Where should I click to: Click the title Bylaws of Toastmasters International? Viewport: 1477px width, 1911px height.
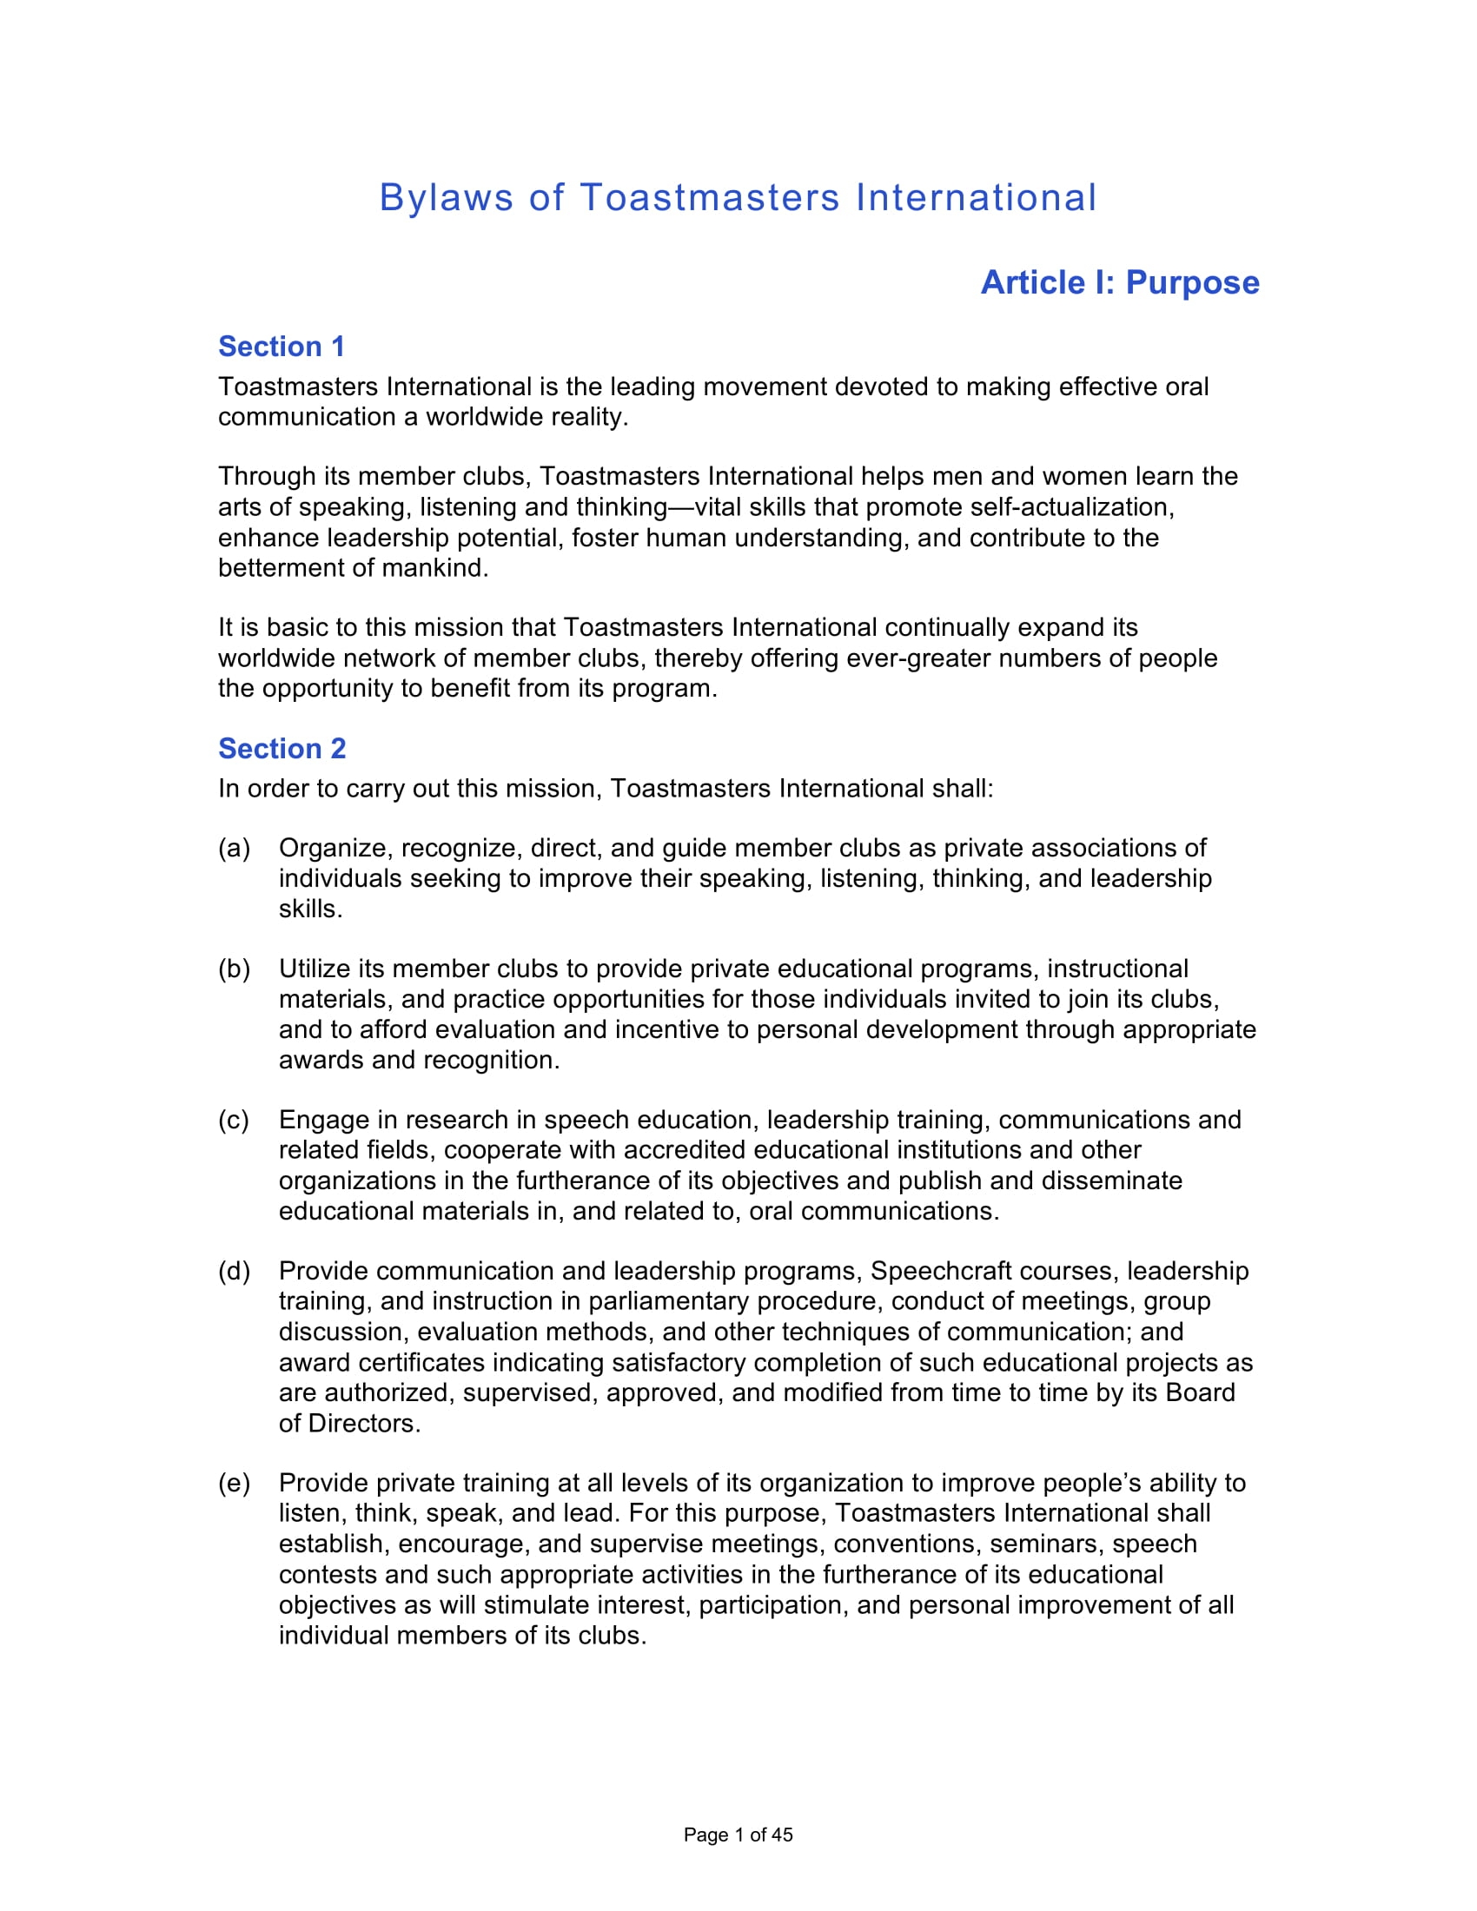point(738,198)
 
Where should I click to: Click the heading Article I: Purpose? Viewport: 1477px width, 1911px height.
point(1119,282)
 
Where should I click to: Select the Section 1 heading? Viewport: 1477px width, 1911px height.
point(281,347)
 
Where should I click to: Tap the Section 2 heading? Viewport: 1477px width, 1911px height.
point(281,748)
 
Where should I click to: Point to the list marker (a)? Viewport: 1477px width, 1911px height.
point(234,848)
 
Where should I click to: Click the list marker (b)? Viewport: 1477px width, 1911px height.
point(234,969)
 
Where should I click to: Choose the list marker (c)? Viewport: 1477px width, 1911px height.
point(234,1120)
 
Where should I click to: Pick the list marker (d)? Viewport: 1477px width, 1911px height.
point(234,1271)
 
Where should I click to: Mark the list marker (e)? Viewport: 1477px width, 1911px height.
point(234,1482)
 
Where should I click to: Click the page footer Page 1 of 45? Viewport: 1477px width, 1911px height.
point(738,1835)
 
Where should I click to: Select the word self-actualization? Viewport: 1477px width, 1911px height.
point(1076,506)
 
